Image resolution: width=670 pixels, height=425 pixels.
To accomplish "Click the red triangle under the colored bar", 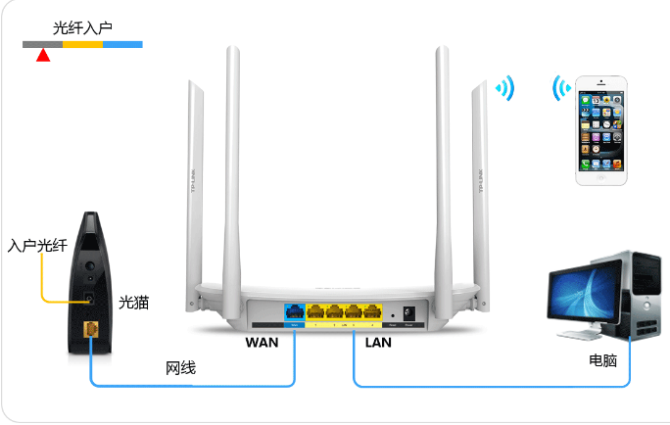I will pyautogui.click(x=42, y=56).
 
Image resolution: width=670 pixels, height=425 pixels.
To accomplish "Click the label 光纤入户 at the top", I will pyautogui.click(x=82, y=28).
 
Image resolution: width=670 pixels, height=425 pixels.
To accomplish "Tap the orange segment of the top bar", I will pyautogui.click(x=82, y=44).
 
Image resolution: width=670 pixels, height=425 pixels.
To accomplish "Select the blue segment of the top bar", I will pyautogui.click(x=122, y=44).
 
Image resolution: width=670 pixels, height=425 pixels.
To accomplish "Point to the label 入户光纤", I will pyautogui.click(x=36, y=246).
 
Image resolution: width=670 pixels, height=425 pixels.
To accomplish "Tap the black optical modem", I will pyautogui.click(x=91, y=274).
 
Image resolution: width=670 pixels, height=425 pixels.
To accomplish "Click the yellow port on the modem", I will pyautogui.click(x=91, y=329).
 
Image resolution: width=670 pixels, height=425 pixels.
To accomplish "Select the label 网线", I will pyautogui.click(x=180, y=368).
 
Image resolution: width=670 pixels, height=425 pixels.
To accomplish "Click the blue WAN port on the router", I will pyautogui.click(x=295, y=313).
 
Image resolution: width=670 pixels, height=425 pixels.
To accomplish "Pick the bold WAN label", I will pyautogui.click(x=262, y=343).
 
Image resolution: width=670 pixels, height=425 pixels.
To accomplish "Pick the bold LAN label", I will pyautogui.click(x=378, y=343).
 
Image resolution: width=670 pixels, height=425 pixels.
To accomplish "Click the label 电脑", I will pyautogui.click(x=602, y=360).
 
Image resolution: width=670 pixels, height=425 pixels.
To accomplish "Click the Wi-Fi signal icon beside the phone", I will pyautogui.click(x=561, y=89).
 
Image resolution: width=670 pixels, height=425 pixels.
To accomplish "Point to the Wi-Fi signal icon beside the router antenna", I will pyautogui.click(x=504, y=90).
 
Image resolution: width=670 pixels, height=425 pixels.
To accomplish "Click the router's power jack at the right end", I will pyautogui.click(x=408, y=313).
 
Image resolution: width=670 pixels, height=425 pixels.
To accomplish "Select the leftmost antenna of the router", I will pyautogui.click(x=192, y=186).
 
